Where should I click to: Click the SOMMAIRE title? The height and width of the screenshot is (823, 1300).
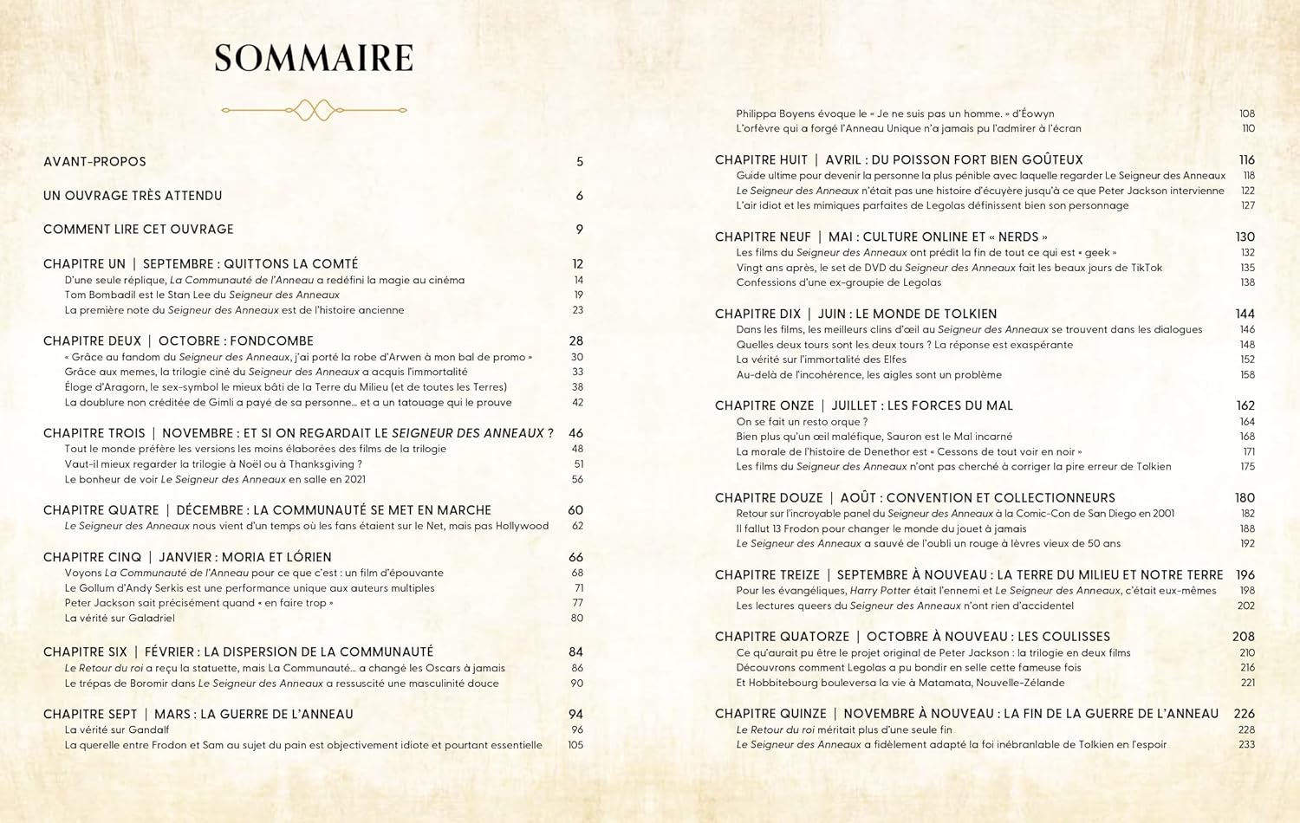[314, 59]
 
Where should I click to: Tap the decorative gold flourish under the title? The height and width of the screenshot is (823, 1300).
[314, 110]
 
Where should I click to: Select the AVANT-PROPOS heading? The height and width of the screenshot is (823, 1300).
[94, 162]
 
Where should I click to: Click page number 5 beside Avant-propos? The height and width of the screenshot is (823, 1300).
[580, 162]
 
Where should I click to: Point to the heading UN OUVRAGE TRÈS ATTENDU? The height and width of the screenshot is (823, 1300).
[133, 196]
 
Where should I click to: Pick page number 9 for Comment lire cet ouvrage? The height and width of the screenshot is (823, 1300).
[580, 230]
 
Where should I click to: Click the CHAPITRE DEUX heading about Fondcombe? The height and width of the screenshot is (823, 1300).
[179, 341]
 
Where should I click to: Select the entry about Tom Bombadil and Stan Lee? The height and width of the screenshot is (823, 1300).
[202, 295]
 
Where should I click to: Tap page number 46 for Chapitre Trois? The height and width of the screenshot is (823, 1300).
[575, 433]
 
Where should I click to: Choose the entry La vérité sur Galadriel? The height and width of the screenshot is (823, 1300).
[120, 619]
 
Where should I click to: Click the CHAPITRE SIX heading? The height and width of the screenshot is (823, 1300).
[238, 652]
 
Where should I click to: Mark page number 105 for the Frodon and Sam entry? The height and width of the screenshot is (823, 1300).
[575, 745]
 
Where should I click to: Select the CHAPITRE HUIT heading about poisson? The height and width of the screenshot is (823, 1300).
[899, 160]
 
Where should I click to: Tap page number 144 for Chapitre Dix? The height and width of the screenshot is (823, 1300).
[1245, 314]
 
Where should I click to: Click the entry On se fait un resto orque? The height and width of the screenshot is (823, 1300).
[802, 422]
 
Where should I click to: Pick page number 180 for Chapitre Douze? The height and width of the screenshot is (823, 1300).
[1245, 498]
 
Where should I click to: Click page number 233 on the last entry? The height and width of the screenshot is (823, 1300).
[1246, 745]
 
